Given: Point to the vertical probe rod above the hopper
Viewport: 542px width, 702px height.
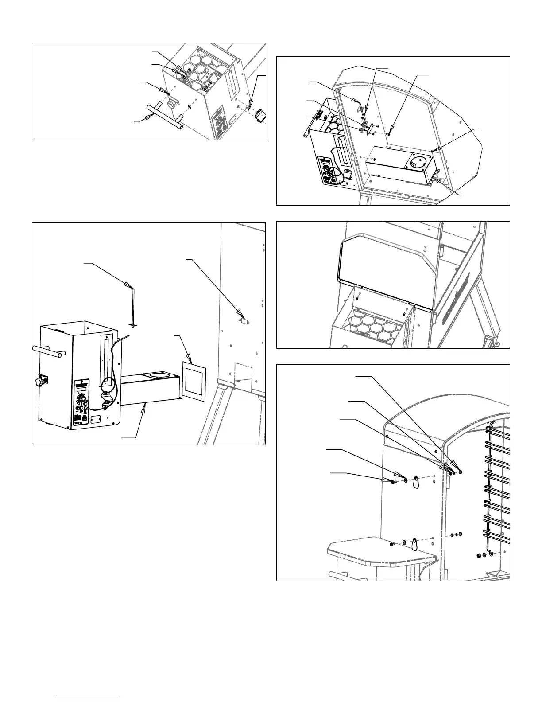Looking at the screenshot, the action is click(x=134, y=308).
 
